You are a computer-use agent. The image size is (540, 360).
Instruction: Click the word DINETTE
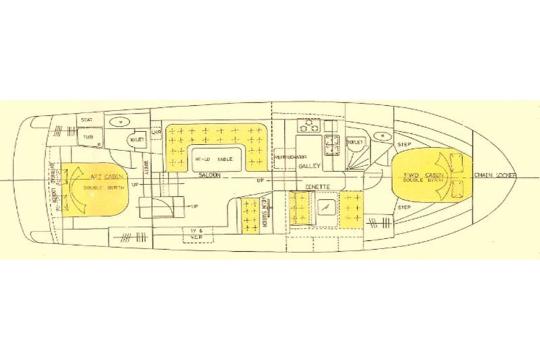click(x=315, y=186)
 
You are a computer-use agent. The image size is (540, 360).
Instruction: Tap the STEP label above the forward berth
click(x=404, y=144)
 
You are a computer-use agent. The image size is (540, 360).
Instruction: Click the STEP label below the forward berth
click(x=404, y=207)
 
